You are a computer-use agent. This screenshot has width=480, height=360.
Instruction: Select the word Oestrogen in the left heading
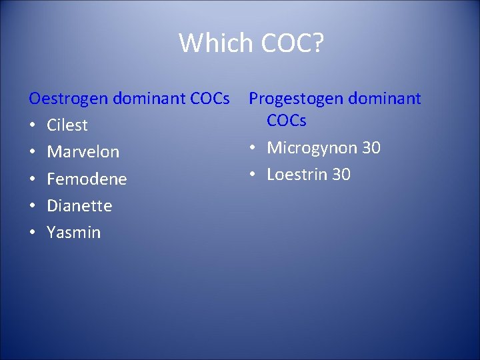(x=69, y=99)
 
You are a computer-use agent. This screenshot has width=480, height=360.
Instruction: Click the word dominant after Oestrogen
(x=149, y=99)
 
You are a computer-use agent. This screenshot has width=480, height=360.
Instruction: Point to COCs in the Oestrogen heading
(x=210, y=99)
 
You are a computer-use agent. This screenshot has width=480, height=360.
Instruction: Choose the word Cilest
(x=67, y=125)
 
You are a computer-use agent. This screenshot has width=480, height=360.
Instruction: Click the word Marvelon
(x=83, y=152)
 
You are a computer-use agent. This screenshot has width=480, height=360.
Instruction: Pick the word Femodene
(x=87, y=179)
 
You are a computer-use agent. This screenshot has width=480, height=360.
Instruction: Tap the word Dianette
(x=79, y=205)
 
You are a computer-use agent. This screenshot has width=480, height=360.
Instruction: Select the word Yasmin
(x=73, y=233)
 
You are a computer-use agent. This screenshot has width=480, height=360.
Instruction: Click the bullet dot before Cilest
(x=33, y=125)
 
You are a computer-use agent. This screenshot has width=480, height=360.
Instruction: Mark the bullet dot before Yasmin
(x=33, y=233)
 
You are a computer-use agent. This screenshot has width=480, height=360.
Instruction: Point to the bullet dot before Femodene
(x=33, y=179)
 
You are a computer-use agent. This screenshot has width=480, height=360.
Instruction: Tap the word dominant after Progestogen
(x=386, y=99)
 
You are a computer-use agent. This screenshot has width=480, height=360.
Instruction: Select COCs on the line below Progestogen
(x=287, y=121)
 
